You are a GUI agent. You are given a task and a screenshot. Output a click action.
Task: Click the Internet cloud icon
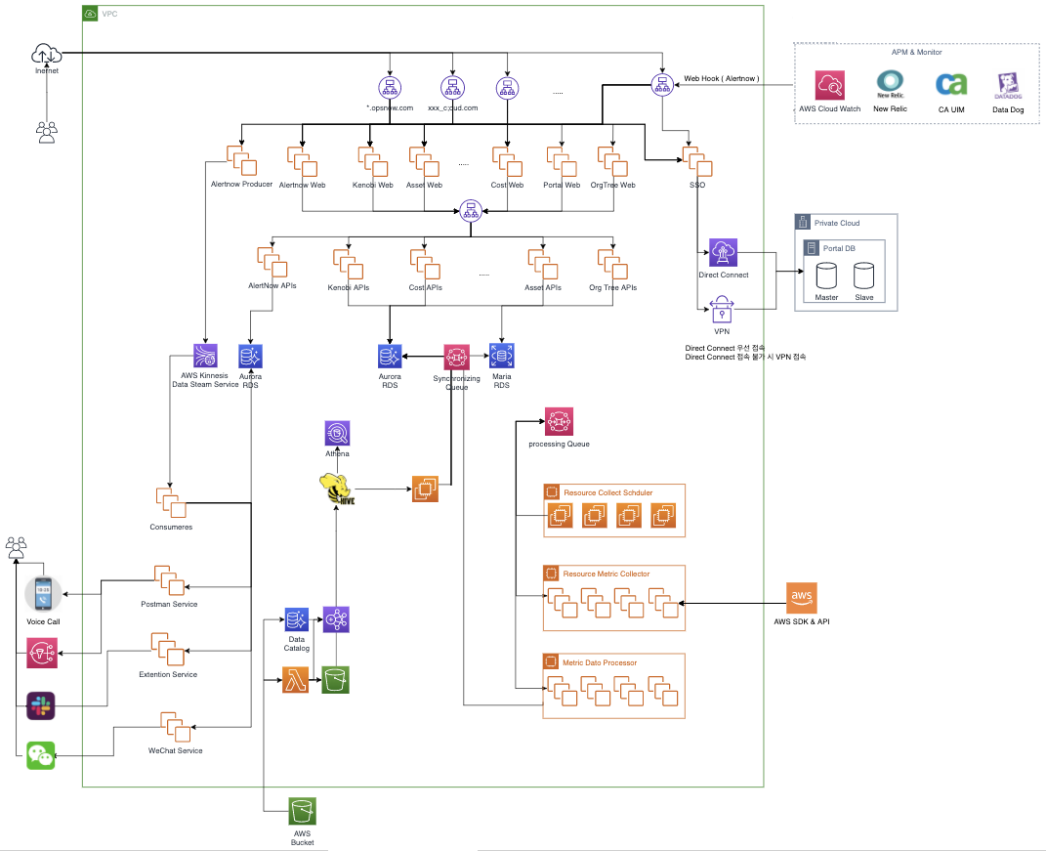click(x=46, y=53)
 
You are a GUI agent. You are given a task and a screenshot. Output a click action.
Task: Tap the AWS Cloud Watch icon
click(x=829, y=86)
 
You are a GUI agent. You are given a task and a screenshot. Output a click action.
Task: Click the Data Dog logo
click(x=1006, y=86)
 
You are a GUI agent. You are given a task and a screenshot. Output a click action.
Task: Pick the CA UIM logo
click(x=949, y=85)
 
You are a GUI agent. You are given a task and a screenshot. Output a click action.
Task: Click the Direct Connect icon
click(x=723, y=252)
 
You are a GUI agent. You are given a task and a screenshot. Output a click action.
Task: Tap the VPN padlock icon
click(x=723, y=310)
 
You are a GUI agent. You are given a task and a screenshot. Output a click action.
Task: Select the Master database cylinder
click(x=826, y=276)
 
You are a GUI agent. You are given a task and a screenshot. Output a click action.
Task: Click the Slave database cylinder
click(x=864, y=276)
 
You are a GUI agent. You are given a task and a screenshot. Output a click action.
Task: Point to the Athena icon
click(x=337, y=433)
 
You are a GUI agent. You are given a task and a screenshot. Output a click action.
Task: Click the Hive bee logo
click(x=336, y=486)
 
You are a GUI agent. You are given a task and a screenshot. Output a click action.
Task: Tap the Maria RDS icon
click(x=502, y=357)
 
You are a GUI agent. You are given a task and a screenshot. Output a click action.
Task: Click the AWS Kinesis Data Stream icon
click(x=205, y=356)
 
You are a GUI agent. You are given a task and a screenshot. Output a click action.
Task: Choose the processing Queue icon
click(x=559, y=421)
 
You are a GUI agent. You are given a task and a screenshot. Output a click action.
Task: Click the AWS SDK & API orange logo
click(x=802, y=597)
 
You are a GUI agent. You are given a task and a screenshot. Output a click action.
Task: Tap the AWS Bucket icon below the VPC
click(x=302, y=812)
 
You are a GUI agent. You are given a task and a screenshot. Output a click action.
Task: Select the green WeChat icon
click(x=40, y=755)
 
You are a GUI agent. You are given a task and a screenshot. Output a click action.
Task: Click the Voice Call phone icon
click(x=43, y=594)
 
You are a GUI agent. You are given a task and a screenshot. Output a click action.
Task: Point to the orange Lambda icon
click(x=296, y=680)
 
